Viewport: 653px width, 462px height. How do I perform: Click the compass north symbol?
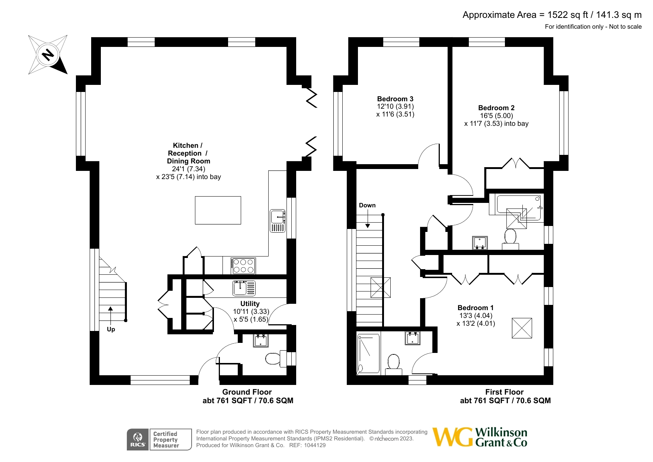(48, 55)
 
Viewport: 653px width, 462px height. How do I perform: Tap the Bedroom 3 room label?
(395, 99)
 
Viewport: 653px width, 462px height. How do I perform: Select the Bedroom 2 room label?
(496, 108)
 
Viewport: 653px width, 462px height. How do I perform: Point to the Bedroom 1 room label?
(476, 308)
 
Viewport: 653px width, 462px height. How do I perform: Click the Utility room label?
(250, 303)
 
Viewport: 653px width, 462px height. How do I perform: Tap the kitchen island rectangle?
(218, 210)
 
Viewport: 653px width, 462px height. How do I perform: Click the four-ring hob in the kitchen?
(243, 266)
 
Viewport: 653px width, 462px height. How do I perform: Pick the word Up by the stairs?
(111, 329)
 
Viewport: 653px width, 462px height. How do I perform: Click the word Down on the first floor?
(367, 205)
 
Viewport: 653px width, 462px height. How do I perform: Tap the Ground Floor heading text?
(247, 392)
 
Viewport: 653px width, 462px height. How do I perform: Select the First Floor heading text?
(504, 392)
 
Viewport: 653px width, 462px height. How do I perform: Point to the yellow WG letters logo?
(453, 437)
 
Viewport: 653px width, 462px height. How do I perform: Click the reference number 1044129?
(315, 445)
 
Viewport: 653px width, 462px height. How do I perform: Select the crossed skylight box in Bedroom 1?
(522, 328)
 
